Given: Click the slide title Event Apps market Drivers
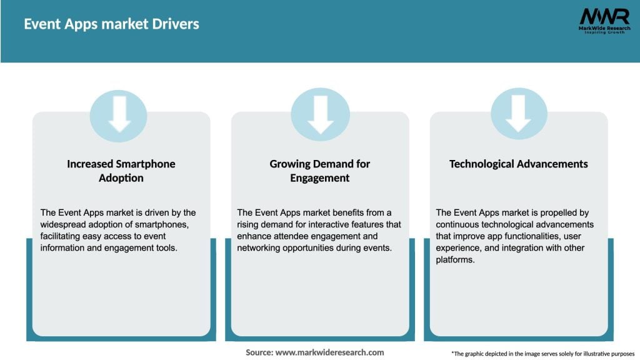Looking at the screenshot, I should (x=111, y=24).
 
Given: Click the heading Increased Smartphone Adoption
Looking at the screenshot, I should (x=121, y=171).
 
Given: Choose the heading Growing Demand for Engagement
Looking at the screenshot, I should (x=320, y=171).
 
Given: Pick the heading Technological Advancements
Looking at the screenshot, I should (x=518, y=164).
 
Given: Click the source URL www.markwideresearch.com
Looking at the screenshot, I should (x=329, y=352).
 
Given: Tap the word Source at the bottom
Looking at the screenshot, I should (x=259, y=352).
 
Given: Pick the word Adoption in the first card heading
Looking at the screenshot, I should (x=121, y=178).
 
